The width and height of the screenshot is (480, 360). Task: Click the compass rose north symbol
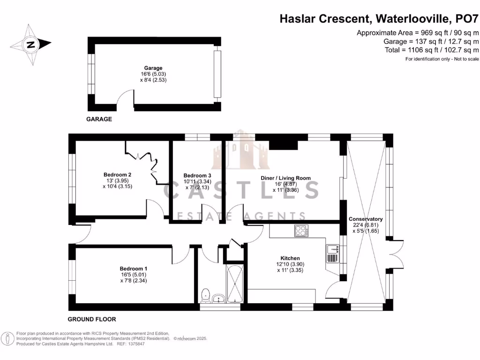click(x=31, y=45)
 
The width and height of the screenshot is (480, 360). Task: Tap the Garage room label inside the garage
click(x=153, y=68)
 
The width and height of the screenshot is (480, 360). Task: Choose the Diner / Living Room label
click(x=285, y=178)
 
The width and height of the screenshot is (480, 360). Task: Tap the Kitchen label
click(x=290, y=258)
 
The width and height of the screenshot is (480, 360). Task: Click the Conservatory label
click(x=366, y=219)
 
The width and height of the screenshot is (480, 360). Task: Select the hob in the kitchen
click(x=301, y=230)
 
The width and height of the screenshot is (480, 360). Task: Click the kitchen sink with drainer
click(x=331, y=253)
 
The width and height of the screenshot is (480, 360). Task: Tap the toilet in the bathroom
click(x=205, y=295)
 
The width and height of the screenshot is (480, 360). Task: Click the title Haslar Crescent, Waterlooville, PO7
click(x=379, y=19)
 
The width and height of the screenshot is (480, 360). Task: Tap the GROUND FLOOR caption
click(x=92, y=319)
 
